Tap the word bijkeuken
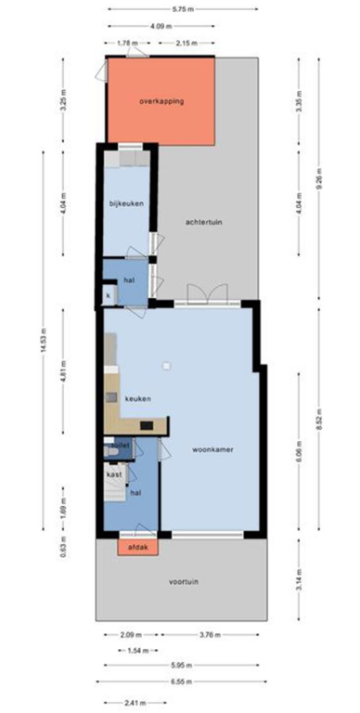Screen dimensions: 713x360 click(x=125, y=202)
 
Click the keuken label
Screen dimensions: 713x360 click(x=137, y=398)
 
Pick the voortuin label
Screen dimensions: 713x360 click(x=182, y=582)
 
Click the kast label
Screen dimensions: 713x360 click(x=114, y=474)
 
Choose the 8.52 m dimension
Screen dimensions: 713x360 click(x=318, y=426)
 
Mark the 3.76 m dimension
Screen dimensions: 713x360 click(x=210, y=636)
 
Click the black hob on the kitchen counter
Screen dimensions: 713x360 click(x=147, y=426)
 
